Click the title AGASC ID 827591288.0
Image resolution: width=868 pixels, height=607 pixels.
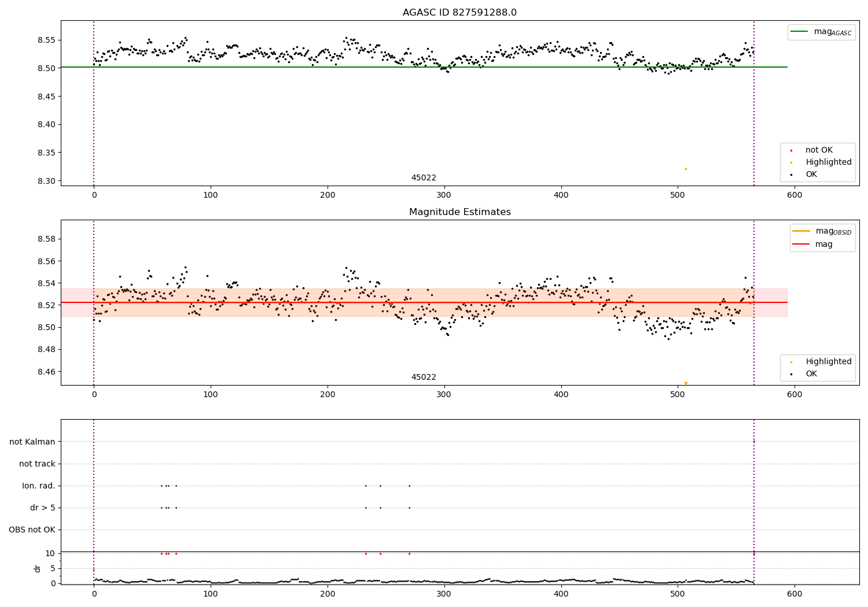click(x=459, y=13)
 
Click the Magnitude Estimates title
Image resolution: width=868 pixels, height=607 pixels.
click(x=459, y=212)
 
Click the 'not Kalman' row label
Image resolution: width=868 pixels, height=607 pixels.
click(x=32, y=442)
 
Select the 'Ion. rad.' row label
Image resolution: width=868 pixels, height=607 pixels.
click(x=39, y=486)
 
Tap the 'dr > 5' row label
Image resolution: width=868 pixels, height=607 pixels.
click(x=43, y=508)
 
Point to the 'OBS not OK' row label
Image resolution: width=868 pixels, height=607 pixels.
click(x=32, y=530)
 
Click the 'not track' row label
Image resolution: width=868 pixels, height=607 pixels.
click(x=37, y=464)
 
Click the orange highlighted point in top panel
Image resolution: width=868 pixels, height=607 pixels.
click(x=686, y=169)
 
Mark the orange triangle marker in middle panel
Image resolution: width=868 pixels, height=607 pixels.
click(x=686, y=383)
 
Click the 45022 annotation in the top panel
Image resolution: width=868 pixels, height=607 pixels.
click(x=424, y=177)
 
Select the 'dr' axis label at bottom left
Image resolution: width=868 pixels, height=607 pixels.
click(x=38, y=568)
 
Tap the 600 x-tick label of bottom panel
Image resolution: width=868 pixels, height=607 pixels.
click(x=795, y=594)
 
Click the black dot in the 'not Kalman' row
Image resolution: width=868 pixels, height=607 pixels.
click(x=754, y=442)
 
